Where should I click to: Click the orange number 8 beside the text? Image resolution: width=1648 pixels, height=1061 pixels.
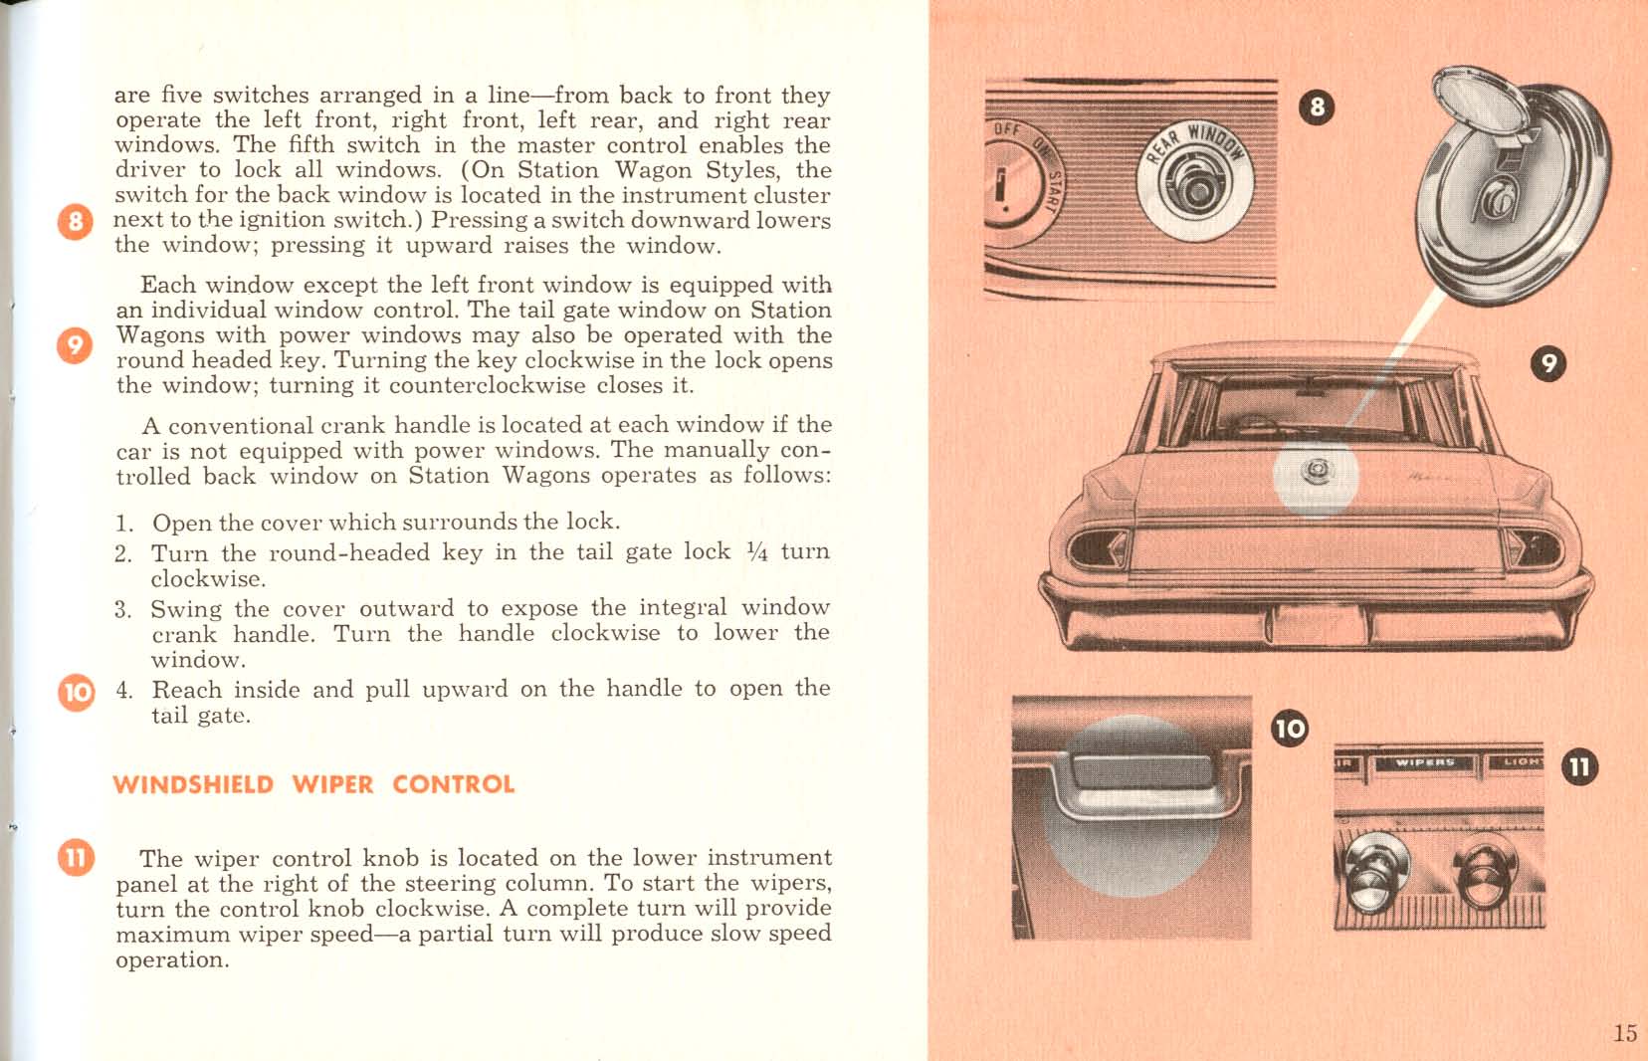click(76, 220)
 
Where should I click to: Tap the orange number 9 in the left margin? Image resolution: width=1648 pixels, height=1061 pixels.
click(76, 344)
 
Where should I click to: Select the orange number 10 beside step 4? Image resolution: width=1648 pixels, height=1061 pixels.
click(77, 691)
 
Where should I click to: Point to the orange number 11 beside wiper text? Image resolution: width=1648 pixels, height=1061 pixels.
click(77, 856)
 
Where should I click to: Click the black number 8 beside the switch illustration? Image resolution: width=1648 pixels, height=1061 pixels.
click(1317, 106)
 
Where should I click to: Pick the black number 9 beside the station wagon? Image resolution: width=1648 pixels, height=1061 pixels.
click(1547, 363)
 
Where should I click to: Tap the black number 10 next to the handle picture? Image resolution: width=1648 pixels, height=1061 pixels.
click(1290, 728)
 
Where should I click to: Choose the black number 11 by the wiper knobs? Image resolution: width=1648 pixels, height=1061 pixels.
click(1579, 766)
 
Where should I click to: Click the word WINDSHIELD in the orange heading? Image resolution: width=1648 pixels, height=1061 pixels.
click(193, 784)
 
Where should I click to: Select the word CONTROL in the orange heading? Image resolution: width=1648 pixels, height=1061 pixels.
click(454, 784)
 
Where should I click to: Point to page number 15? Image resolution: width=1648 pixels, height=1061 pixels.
click(1624, 1032)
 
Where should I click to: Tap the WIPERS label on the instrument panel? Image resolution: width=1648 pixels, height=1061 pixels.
click(1425, 762)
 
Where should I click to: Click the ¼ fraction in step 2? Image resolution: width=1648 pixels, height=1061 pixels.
click(756, 551)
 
